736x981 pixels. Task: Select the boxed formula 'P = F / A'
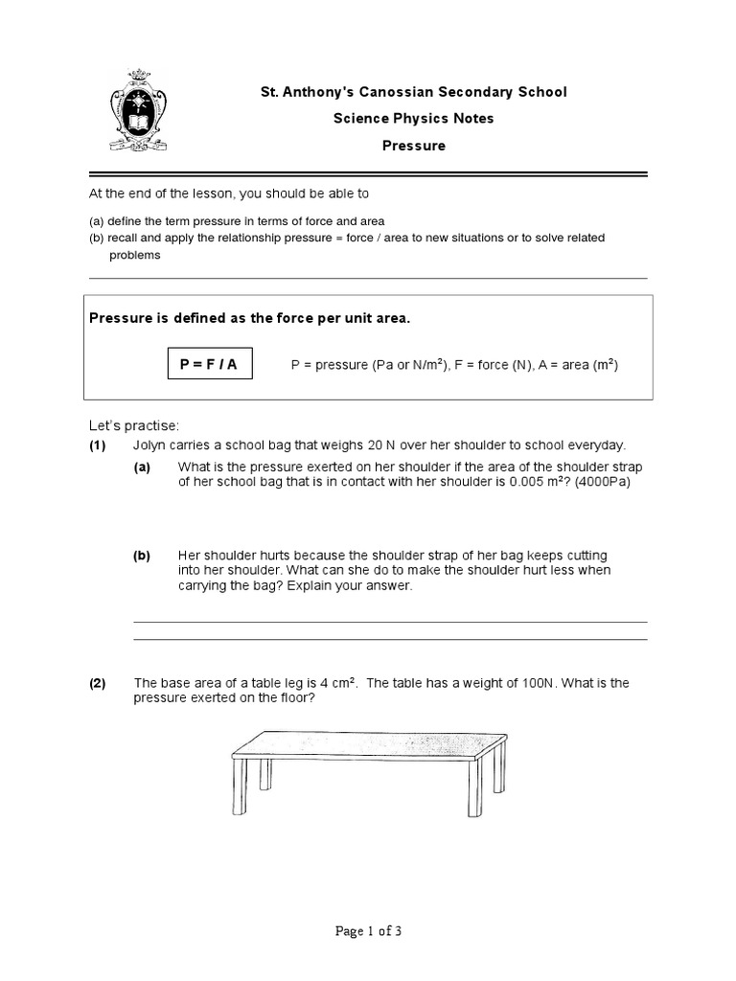[x=209, y=365]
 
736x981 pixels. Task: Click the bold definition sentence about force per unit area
[x=249, y=318]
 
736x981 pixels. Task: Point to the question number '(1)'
[x=98, y=445]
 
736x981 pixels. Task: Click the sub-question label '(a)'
[x=142, y=467]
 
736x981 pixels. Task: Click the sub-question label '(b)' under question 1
[x=142, y=556]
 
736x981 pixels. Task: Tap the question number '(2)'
[x=98, y=683]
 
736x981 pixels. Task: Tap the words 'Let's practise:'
[x=134, y=425]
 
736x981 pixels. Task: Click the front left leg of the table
[x=238, y=789]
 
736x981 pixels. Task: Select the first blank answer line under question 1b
[x=389, y=621]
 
